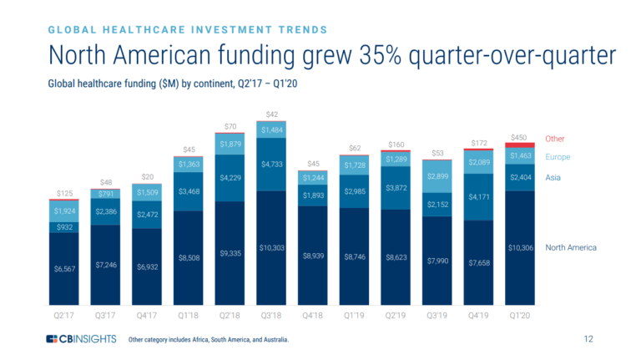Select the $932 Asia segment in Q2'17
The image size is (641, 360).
[63, 227]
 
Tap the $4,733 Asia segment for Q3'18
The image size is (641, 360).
[272, 165]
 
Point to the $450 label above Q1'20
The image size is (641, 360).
[519, 136]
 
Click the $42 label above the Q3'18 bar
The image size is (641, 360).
[272, 114]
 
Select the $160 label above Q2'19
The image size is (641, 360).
[396, 145]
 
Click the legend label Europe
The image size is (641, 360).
[558, 157]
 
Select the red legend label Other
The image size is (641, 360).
[555, 138]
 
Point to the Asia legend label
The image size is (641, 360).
[553, 178]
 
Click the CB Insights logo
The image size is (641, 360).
[80, 339]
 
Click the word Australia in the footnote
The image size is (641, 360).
[273, 340]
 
